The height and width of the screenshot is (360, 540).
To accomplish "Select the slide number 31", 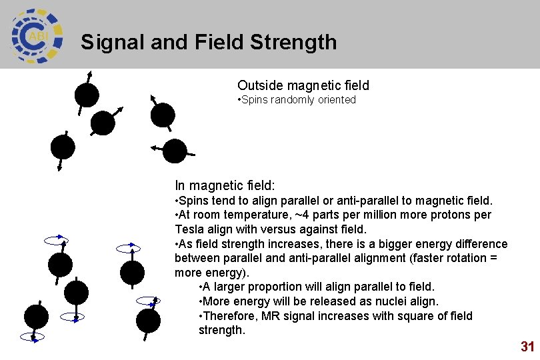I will pyautogui.click(x=527, y=347).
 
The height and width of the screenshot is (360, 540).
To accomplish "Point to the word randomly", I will pyautogui.click(x=295, y=100).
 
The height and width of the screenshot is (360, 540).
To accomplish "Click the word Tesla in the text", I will pyautogui.click(x=189, y=229).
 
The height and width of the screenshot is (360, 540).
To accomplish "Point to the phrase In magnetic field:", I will pyautogui.click(x=225, y=185).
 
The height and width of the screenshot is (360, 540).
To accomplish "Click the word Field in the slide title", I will pyautogui.click(x=221, y=43).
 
